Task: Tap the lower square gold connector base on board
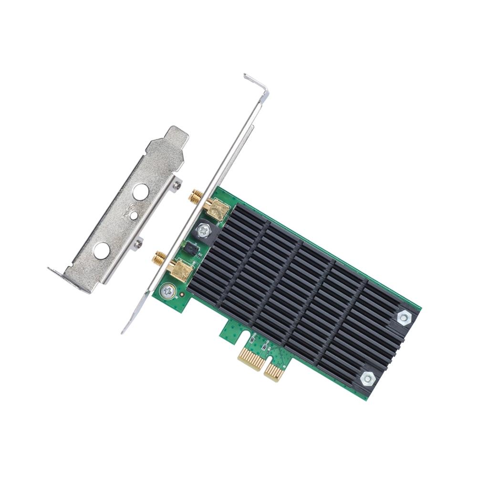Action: [181, 270]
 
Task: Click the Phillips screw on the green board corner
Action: [167, 290]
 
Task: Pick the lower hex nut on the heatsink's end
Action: [367, 378]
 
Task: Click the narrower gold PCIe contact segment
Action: [274, 371]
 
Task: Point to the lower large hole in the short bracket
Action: [102, 250]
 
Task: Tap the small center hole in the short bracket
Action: [134, 216]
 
